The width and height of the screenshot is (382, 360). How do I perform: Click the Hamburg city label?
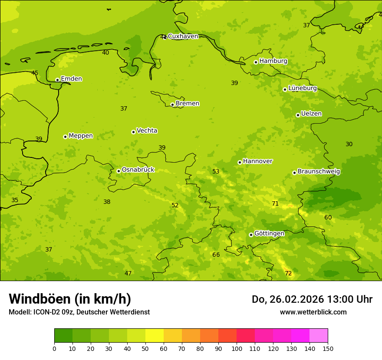(x=273, y=61)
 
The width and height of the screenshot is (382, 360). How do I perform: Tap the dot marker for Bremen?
(x=172, y=105)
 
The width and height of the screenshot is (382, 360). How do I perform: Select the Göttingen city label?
(x=269, y=234)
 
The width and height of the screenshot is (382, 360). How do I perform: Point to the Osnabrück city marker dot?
(x=119, y=171)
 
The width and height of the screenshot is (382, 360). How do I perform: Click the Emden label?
(x=71, y=79)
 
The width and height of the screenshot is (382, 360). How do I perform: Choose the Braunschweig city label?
(x=319, y=172)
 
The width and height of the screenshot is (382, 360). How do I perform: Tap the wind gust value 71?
(x=275, y=204)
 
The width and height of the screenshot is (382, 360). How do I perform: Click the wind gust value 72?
(x=288, y=273)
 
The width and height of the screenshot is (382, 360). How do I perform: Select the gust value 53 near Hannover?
(x=216, y=172)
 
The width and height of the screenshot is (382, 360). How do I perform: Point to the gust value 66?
(x=216, y=255)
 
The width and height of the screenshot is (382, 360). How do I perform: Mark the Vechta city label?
(x=147, y=131)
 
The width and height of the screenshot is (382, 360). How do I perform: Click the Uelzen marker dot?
(x=298, y=115)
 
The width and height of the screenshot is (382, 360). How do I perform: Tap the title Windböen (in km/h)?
(x=70, y=299)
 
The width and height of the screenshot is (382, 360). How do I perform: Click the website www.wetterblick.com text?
(x=313, y=312)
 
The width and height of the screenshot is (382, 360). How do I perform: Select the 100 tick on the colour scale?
(x=237, y=348)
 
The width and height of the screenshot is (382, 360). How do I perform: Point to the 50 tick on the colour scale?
(x=145, y=348)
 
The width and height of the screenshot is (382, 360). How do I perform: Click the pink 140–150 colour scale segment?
(x=319, y=336)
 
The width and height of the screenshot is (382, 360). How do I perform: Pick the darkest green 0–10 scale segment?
(x=63, y=336)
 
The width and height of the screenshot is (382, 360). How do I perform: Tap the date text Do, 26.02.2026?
(x=292, y=299)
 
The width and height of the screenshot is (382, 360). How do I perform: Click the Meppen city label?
(x=80, y=136)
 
